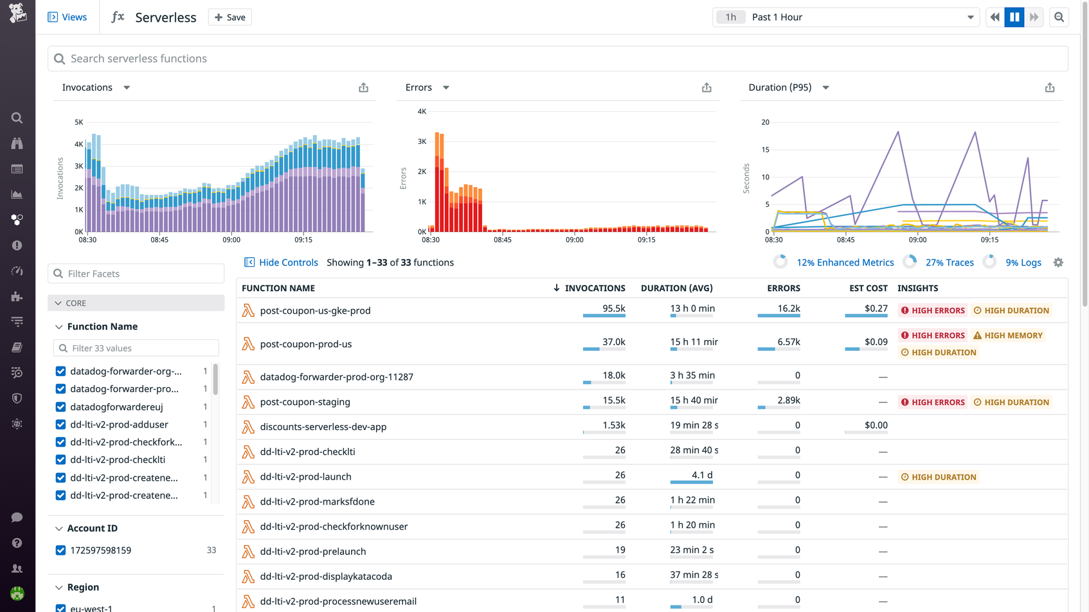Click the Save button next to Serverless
click(230, 17)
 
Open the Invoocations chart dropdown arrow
click(127, 87)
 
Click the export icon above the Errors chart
click(706, 87)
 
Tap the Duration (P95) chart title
click(780, 87)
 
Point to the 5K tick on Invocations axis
click(79, 122)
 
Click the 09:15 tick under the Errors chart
click(646, 240)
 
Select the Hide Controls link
click(288, 262)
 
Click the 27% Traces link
click(949, 262)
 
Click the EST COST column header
click(868, 288)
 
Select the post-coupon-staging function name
click(305, 402)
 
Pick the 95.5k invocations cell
click(613, 309)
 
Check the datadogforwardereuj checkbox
click(60, 407)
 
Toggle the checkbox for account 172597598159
click(60, 550)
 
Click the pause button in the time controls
click(1014, 17)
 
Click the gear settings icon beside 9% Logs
click(1058, 262)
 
